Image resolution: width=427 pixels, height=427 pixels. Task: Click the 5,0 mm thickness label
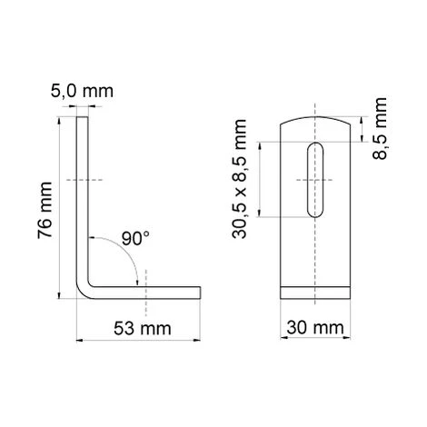click(84, 91)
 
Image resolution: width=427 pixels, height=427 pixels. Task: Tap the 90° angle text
click(135, 239)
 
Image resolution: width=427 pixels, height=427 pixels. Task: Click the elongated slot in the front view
click(314, 179)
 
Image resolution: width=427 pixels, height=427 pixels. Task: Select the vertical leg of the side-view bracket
click(84, 200)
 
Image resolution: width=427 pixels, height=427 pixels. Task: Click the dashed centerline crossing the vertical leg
click(84, 176)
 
